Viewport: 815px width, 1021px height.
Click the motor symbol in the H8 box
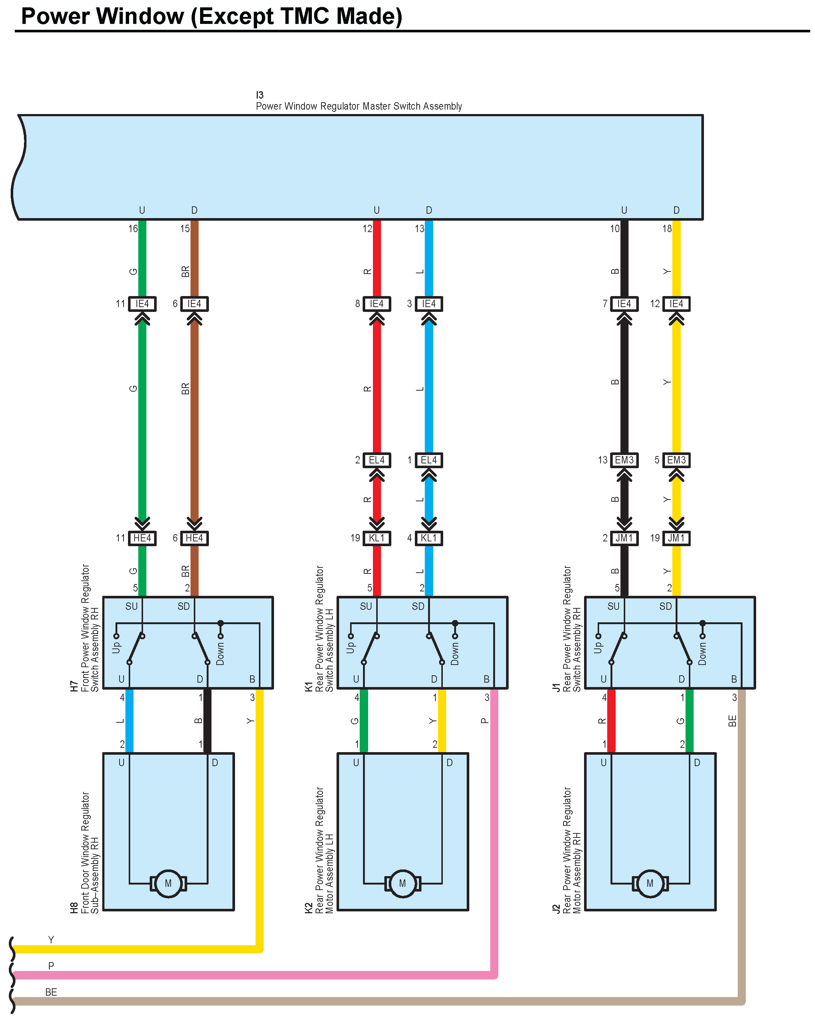[x=168, y=883]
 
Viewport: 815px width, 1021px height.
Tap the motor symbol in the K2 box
[x=402, y=883]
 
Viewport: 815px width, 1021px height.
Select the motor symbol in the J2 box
[x=650, y=883]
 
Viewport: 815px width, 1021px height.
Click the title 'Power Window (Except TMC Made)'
[x=212, y=16]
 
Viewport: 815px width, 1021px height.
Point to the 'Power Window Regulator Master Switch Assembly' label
[x=359, y=106]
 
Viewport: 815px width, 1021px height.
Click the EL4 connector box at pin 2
[x=377, y=460]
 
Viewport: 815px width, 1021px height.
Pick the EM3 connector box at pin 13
[x=624, y=460]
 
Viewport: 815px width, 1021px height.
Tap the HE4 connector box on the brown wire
[x=194, y=538]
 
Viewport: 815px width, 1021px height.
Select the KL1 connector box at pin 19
[x=377, y=538]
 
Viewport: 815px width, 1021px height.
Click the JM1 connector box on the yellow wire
[x=676, y=538]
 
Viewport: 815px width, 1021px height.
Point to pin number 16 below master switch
[x=133, y=229]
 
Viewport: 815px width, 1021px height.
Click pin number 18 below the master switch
[x=667, y=229]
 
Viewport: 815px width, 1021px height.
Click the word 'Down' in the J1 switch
[x=702, y=654]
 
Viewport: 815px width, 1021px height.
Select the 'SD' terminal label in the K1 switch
[x=418, y=606]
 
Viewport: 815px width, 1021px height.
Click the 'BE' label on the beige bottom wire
[x=51, y=992]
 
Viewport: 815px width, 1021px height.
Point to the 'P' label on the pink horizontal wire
[x=51, y=965]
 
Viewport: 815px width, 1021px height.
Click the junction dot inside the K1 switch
[x=455, y=623]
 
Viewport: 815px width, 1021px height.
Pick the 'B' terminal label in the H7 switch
[x=252, y=679]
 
